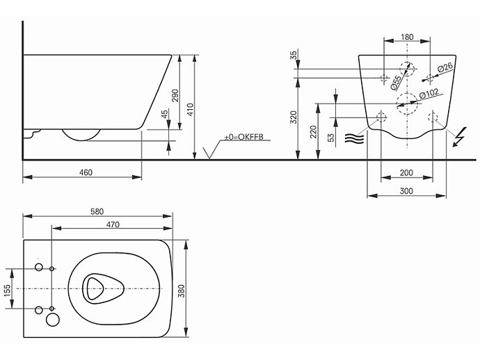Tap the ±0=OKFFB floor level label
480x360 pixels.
pos(243,138)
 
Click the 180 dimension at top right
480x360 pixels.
pos(408,37)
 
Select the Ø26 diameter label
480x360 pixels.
pos(445,67)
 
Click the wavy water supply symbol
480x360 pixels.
pos(354,138)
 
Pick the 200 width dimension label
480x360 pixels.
pos(407,172)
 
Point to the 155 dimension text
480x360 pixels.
pos(7,288)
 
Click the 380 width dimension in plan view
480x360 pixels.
pos(182,291)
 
